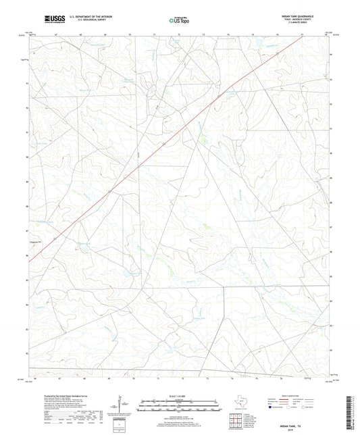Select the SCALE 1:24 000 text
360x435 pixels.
(x=180, y=394)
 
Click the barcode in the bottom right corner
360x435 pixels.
(x=349, y=412)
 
